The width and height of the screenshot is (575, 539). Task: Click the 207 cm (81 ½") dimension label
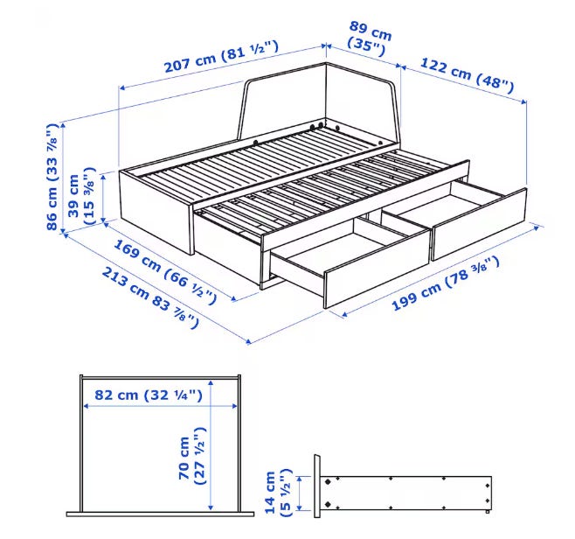point(221,57)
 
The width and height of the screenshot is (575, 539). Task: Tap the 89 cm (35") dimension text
point(370,38)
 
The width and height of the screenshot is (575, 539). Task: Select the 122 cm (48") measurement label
point(467,75)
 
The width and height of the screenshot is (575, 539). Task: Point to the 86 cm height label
point(52,177)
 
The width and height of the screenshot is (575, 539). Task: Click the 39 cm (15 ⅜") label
point(82,196)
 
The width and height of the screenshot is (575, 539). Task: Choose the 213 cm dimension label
point(150,297)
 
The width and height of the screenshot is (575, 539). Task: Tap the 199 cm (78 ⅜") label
point(446,283)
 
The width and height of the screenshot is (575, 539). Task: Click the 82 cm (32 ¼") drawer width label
point(149,395)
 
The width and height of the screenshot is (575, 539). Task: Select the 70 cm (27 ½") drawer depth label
point(192,456)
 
